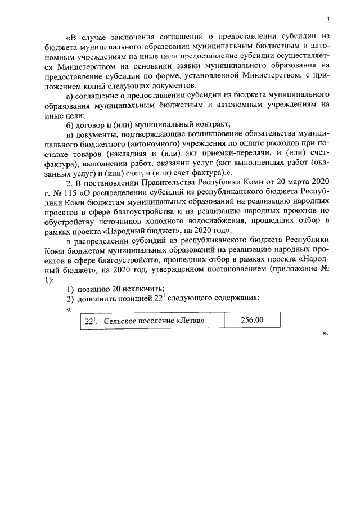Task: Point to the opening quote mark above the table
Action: pyautogui.click(x=69, y=308)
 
